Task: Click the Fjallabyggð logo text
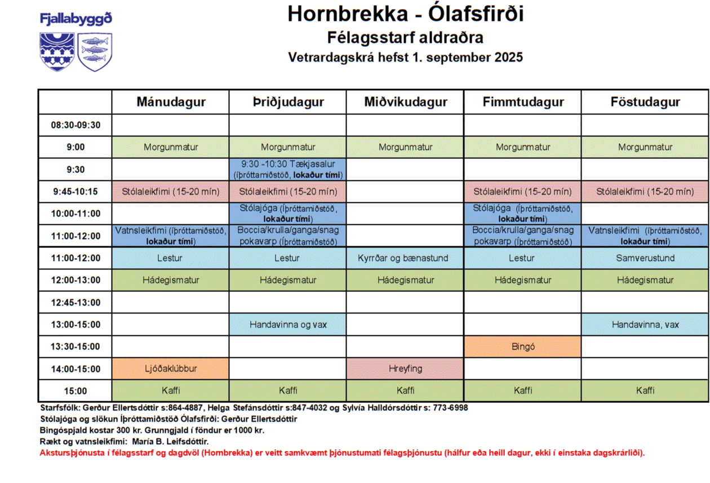tap(76, 19)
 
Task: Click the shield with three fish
tap(94, 51)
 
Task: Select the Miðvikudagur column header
tap(406, 102)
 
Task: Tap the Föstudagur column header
tap(645, 102)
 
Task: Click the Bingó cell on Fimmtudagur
tap(523, 347)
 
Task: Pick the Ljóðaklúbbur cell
tap(171, 369)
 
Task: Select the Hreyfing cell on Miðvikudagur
tap(405, 369)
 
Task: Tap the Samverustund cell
tap(645, 258)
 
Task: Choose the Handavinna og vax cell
tap(288, 325)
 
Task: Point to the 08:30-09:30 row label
tap(76, 125)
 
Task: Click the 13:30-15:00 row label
tap(76, 347)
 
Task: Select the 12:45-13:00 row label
tap(76, 303)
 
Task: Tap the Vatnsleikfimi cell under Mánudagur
tap(171, 236)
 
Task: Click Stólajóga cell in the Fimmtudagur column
tap(523, 214)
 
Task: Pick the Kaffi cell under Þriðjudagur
tap(288, 391)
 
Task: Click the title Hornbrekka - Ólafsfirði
tap(405, 14)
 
